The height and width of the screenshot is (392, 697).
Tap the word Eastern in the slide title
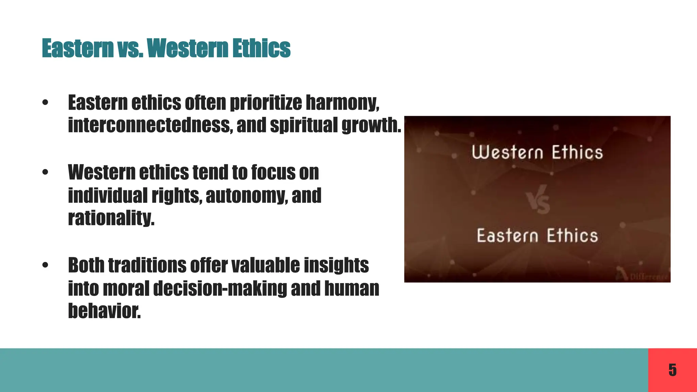(x=78, y=48)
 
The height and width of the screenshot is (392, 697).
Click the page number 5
(x=672, y=370)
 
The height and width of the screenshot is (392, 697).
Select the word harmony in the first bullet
(x=342, y=103)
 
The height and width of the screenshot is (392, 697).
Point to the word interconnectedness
(x=150, y=125)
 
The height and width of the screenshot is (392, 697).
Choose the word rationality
(x=111, y=218)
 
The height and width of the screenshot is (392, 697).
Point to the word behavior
(x=104, y=311)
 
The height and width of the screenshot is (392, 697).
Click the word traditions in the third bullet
(x=147, y=265)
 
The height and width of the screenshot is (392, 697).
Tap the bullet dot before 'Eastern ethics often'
(x=45, y=103)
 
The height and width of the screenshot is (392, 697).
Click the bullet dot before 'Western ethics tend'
(x=45, y=173)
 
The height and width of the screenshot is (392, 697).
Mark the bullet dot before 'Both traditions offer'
(x=45, y=265)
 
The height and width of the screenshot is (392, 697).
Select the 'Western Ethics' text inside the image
(x=537, y=152)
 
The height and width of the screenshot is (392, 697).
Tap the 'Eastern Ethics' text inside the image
(x=537, y=236)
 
